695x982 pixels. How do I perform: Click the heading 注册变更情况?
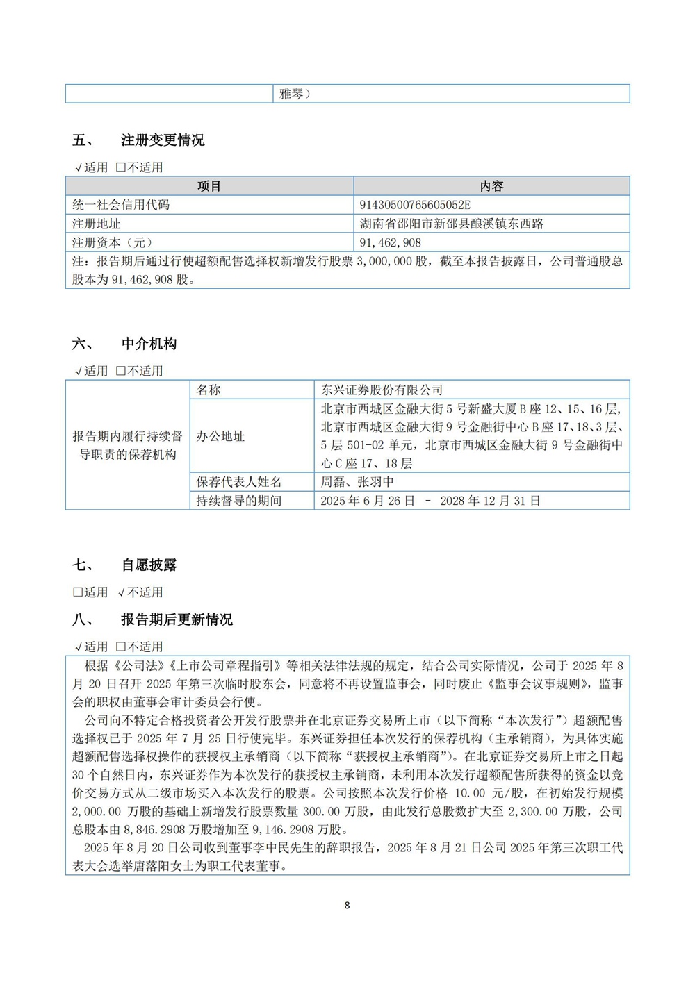point(163,140)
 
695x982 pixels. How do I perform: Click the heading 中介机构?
point(149,344)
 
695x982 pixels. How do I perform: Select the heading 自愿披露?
point(149,565)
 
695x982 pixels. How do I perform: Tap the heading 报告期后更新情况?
point(177,619)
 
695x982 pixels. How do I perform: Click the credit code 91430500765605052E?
point(415,205)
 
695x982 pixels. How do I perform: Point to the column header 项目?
point(209,186)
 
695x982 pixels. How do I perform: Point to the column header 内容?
point(491,186)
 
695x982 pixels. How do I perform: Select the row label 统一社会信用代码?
point(121,205)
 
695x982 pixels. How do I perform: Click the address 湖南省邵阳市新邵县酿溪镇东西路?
point(452,224)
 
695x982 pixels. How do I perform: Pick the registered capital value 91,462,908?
point(391,242)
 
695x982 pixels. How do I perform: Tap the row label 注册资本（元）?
point(113,242)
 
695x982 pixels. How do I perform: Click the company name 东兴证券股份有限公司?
point(382,390)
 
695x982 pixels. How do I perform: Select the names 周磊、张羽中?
point(357,482)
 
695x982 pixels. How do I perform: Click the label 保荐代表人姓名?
point(239,482)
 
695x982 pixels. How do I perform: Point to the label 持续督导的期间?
point(239,501)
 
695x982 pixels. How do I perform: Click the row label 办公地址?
point(220,436)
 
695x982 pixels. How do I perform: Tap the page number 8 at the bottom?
point(347,905)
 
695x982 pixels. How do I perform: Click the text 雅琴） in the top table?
point(295,94)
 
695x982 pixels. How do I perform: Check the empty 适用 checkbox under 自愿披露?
point(78,592)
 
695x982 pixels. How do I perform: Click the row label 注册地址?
point(97,224)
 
